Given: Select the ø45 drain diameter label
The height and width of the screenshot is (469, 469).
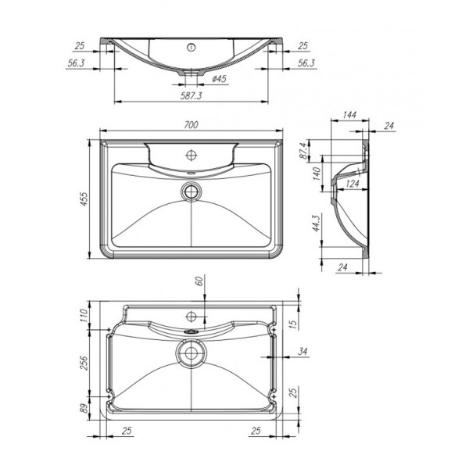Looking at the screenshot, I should tap(219, 79).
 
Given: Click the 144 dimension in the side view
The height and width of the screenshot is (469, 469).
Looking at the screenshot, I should tap(349, 116).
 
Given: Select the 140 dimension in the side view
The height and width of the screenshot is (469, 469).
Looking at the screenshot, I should tap(317, 174).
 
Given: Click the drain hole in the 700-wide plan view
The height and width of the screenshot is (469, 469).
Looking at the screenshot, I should tap(191, 190).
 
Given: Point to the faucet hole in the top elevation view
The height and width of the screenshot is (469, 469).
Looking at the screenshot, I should tap(190, 47).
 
